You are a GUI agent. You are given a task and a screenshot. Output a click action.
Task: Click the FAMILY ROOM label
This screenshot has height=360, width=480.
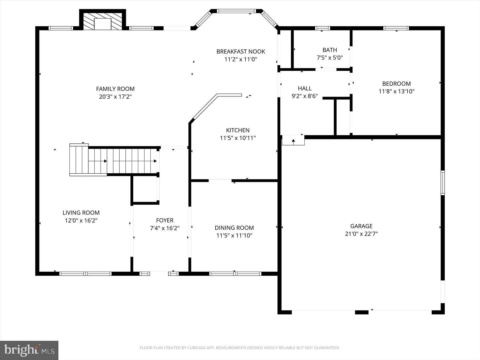115,89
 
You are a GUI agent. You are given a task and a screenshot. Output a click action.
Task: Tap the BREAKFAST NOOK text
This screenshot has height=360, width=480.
241,52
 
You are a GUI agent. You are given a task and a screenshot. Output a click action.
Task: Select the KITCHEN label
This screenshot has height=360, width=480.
238,130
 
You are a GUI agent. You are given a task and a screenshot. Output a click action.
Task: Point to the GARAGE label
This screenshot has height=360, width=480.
361,226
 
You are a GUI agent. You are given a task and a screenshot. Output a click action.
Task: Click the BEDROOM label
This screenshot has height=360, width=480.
396,83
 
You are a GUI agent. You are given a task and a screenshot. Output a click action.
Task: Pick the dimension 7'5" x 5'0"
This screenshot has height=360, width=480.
330,58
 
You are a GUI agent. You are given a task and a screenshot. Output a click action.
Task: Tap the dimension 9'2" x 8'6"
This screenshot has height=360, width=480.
305,96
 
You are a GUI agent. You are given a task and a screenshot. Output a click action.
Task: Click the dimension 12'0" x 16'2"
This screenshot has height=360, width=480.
81,220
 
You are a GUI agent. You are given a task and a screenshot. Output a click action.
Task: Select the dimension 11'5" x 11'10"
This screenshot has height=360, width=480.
234,235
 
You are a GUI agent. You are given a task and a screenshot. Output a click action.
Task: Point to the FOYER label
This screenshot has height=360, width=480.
165,220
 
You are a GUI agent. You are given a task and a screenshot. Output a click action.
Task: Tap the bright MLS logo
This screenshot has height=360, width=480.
29,350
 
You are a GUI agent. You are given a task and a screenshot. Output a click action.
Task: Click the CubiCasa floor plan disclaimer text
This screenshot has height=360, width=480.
240,348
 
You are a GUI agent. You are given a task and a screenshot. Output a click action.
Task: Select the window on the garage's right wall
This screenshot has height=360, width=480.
443,183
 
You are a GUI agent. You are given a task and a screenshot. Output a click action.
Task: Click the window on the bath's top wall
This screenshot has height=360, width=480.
322,28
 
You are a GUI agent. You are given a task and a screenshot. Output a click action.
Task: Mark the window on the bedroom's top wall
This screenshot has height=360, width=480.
396,28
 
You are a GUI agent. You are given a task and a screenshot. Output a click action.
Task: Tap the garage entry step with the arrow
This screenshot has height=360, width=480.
293,140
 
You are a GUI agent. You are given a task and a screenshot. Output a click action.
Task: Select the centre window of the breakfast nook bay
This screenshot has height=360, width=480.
236,11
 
